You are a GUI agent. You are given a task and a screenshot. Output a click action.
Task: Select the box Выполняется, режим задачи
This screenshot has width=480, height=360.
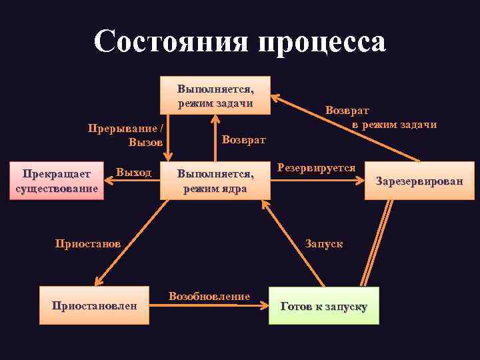[x=215, y=95]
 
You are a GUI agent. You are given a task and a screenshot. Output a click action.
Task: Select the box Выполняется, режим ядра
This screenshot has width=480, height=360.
[x=215, y=181]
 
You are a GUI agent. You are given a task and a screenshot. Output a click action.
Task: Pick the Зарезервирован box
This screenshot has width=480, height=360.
[x=419, y=181]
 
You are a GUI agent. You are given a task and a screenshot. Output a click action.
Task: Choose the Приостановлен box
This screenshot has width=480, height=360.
[x=94, y=306]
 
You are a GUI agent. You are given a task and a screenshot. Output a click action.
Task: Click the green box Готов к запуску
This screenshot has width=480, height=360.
[x=323, y=306]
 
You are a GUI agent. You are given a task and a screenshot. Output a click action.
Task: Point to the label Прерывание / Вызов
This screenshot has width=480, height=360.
[x=127, y=135]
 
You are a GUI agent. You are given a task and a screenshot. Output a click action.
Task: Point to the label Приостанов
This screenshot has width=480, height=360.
[x=87, y=243]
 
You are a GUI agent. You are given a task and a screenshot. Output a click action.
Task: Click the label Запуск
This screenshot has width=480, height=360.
[x=324, y=243]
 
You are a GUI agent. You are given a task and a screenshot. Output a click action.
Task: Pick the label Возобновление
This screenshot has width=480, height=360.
[x=209, y=296]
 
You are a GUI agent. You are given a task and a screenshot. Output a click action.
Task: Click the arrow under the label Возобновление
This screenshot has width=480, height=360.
[x=209, y=306]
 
